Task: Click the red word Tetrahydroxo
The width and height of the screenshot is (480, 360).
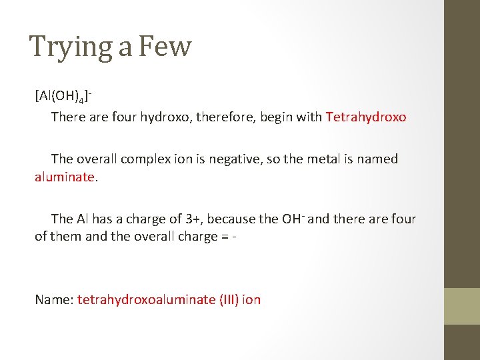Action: pyautogui.click(x=366, y=117)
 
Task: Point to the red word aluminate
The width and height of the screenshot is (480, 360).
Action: pyautogui.click(x=65, y=177)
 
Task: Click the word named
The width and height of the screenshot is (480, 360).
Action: pyautogui.click(x=377, y=159)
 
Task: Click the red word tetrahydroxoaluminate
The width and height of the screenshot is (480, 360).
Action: pyautogui.click(x=146, y=300)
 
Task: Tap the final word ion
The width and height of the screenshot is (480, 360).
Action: pyautogui.click(x=251, y=300)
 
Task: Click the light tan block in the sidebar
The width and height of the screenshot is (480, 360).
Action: pyautogui.click(x=462, y=306)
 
